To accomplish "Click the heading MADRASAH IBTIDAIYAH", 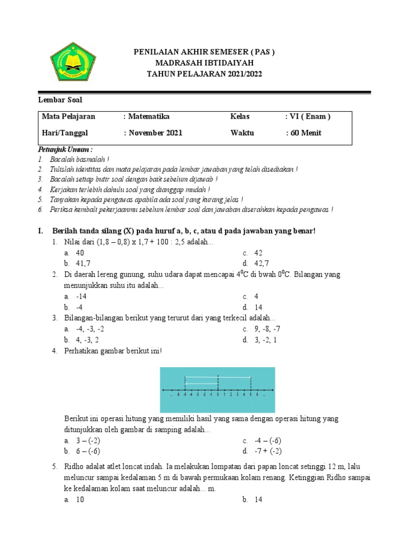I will pos(204,63).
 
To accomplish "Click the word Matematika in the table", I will pos(149,117).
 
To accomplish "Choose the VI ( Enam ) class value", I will pos(310,117).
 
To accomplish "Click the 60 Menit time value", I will pos(306,133).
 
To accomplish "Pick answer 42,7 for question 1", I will pos(261,263).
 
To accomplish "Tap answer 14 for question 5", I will pos(258,500).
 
